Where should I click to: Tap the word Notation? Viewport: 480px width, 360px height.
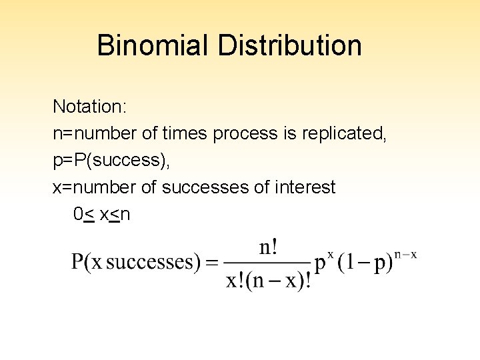83,107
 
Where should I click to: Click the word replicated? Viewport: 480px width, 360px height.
344,133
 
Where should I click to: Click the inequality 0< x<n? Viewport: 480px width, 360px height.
103,215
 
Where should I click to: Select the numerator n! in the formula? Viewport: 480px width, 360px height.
269,248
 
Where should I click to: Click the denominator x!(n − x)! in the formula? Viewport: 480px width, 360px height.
269,279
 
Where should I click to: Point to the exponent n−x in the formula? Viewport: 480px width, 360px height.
405,254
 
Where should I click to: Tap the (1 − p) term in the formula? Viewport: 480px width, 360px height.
365,263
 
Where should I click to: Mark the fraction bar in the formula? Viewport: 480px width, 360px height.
269,263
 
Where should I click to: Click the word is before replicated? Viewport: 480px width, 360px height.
289,133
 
